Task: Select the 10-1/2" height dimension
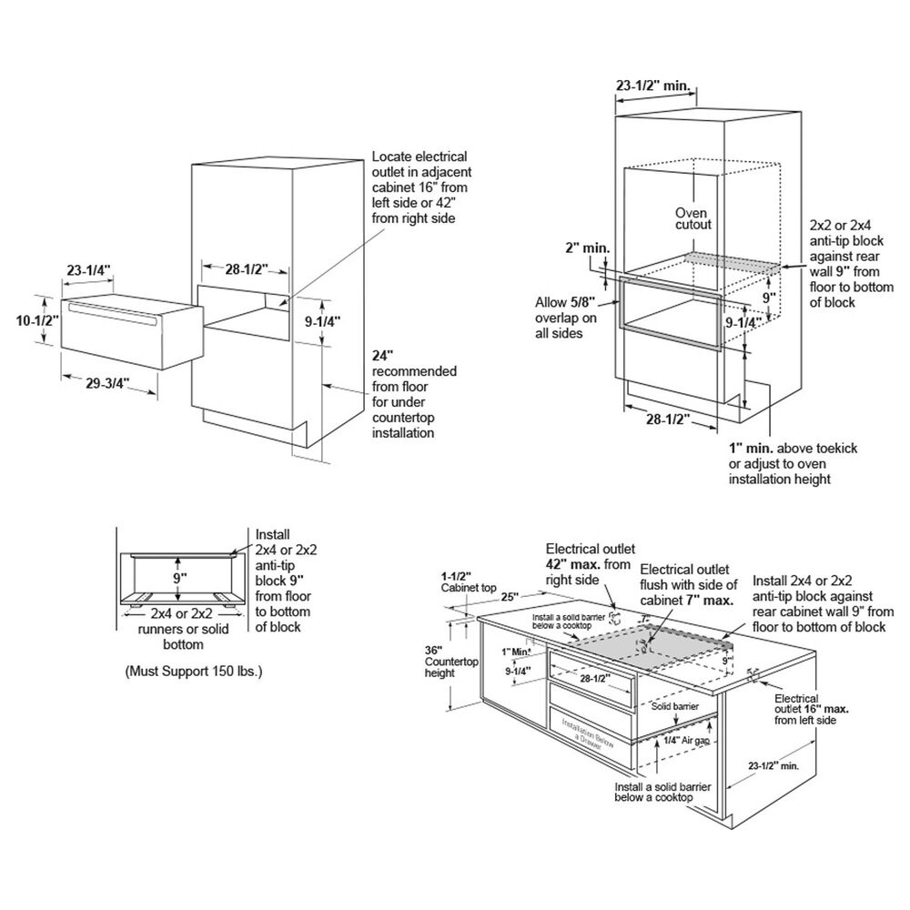tap(38, 319)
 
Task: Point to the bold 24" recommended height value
tap(382, 356)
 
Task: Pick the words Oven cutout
tap(693, 218)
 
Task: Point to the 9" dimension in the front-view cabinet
tap(179, 575)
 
